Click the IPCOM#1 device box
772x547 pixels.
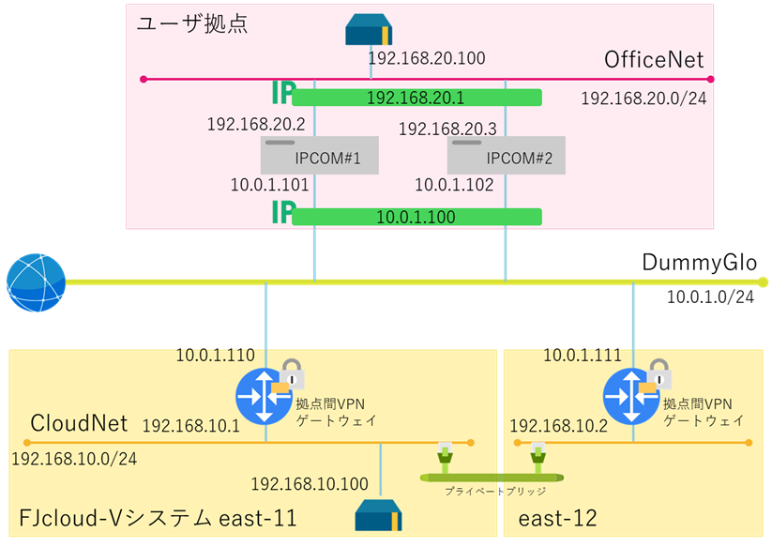click(x=319, y=156)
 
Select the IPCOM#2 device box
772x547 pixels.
click(x=507, y=156)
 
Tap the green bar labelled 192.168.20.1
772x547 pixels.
click(x=416, y=97)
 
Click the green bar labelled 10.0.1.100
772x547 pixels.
click(x=416, y=217)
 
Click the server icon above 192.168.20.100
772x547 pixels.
click(x=368, y=31)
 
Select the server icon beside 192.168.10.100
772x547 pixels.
click(x=380, y=515)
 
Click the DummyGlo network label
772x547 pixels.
click(x=704, y=263)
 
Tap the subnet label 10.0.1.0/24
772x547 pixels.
click(x=710, y=297)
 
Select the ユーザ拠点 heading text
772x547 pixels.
click(x=191, y=23)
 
